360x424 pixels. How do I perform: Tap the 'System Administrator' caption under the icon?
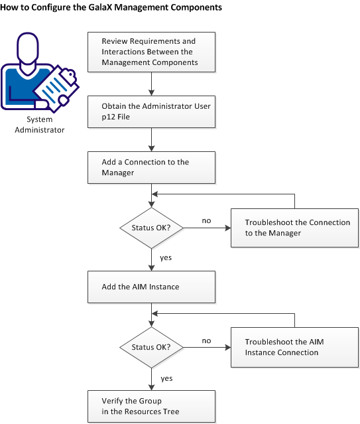point(45,125)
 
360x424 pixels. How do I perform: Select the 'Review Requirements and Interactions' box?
point(152,52)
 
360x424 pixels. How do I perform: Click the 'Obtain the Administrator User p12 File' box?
point(152,111)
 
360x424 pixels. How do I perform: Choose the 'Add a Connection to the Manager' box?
point(152,167)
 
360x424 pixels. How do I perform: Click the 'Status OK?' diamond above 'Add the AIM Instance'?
point(152,228)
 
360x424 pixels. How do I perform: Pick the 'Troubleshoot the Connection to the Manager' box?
point(294,228)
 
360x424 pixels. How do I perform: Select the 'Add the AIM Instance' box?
point(152,287)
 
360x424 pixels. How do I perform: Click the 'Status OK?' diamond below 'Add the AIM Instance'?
point(152,347)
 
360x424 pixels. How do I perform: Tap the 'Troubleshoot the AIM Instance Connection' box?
point(294,347)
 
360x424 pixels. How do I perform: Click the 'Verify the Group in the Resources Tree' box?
point(152,406)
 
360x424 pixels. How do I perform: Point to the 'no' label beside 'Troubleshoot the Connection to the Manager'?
point(206,220)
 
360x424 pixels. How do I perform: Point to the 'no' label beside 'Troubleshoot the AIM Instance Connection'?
point(206,340)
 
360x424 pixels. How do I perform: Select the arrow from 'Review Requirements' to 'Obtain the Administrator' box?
point(152,82)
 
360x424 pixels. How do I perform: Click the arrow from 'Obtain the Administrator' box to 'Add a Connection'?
point(152,139)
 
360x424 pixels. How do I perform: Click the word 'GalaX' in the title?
point(101,9)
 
